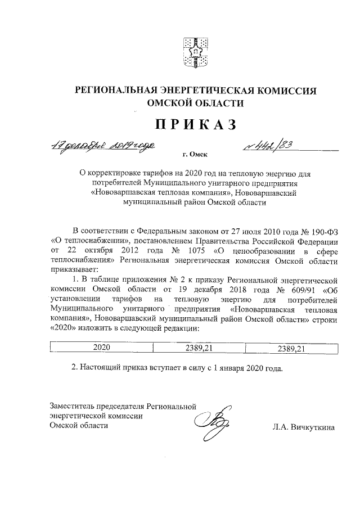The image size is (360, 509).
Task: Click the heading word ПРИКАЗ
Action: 195,124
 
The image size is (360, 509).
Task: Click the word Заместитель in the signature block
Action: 73,405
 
